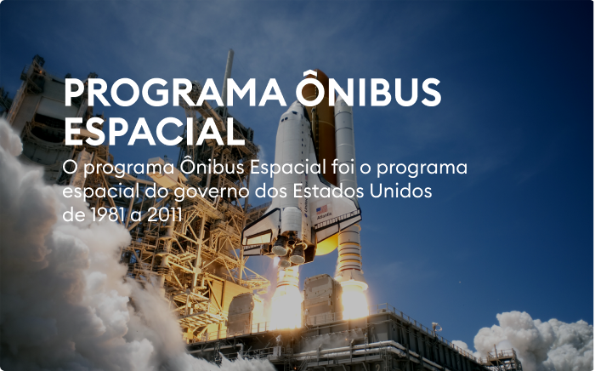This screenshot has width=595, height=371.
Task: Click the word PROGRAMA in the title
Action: pyautogui.click(x=175, y=93)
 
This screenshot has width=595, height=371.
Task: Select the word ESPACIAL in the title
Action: pyautogui.click(x=155, y=131)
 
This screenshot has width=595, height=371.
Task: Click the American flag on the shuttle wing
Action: pyautogui.click(x=322, y=209)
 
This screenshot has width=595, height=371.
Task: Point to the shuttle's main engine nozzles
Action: pyautogui.click(x=289, y=251)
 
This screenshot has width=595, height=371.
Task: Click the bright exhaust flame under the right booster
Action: pyautogui.click(x=354, y=300)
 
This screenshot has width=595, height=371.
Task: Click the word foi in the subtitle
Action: pyautogui.click(x=343, y=167)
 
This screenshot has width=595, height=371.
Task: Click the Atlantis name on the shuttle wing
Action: pyautogui.click(x=324, y=216)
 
